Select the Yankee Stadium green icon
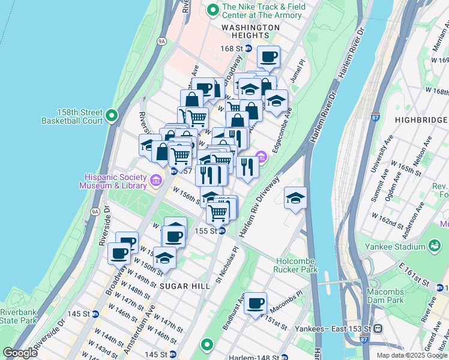434,246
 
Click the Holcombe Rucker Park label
297,265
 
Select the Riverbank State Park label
18,317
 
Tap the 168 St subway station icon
247,49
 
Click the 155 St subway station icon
221,231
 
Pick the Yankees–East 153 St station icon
378,329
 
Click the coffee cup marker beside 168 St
268,57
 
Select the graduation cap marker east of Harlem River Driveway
295,198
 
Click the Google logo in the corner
20,353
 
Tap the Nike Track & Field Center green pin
212,10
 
